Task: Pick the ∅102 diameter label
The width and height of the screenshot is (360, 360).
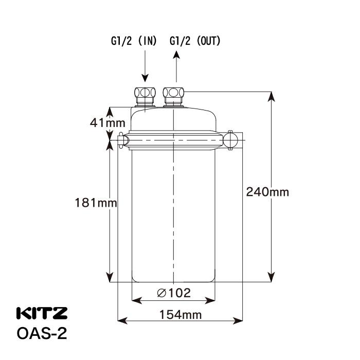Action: click(173, 293)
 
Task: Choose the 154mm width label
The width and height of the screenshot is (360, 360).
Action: click(180, 315)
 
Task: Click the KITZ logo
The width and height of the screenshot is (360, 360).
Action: click(42, 313)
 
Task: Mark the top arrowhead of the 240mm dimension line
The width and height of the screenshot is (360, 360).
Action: click(271, 97)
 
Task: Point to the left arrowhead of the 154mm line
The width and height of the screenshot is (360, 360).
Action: click(122, 321)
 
